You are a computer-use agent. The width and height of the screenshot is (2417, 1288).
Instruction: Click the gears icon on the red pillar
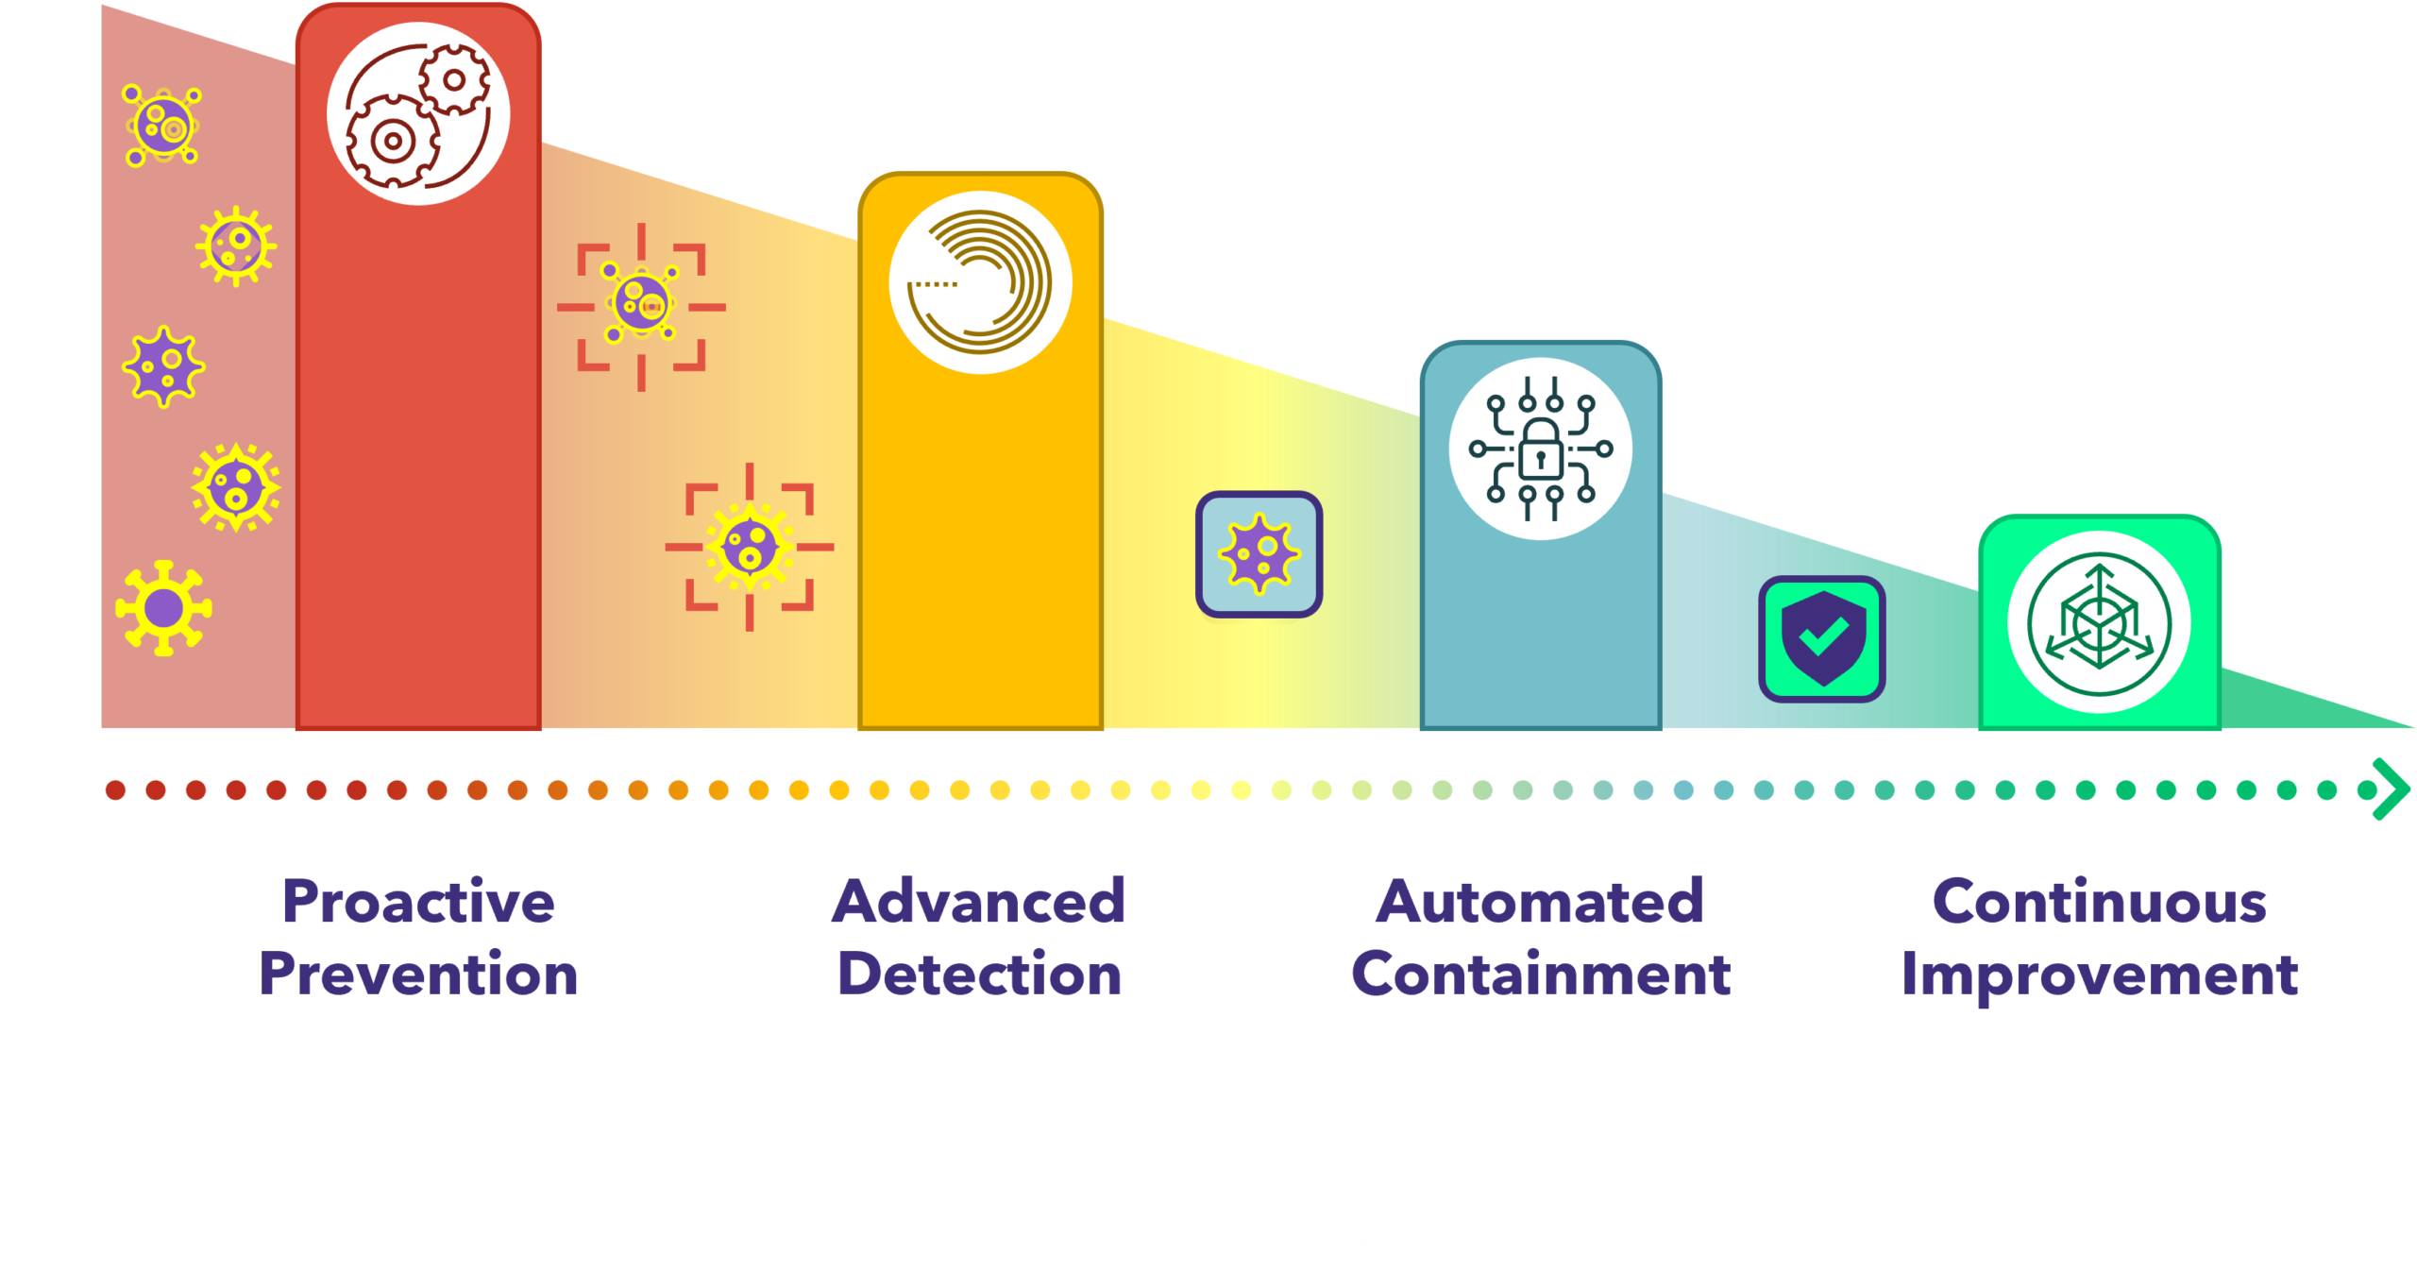[418, 114]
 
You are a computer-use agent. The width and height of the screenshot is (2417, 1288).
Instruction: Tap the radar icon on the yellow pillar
[980, 282]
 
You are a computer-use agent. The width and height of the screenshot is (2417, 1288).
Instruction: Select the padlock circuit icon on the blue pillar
[1540, 449]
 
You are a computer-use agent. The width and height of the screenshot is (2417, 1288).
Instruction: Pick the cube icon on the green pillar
[2099, 624]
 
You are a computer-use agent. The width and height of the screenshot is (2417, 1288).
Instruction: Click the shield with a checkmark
[1821, 639]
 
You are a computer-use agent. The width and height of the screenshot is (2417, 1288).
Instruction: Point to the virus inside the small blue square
[1259, 554]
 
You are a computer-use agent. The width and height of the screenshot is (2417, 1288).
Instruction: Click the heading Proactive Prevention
[418, 937]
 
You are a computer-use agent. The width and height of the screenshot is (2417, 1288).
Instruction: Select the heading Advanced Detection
[979, 937]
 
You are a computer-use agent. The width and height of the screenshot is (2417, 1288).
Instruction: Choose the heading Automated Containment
[1540, 937]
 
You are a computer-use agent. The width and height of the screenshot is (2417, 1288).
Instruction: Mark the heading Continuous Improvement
[2099, 937]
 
